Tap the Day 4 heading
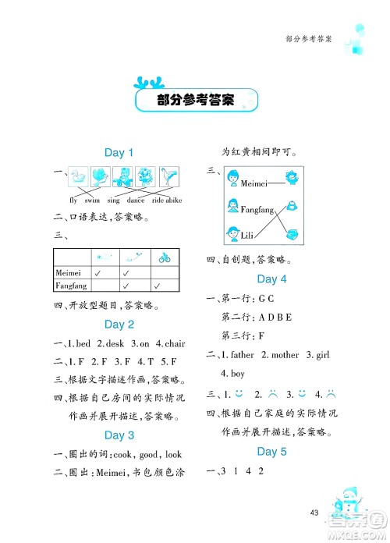[x=271, y=279]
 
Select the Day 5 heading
[x=271, y=452]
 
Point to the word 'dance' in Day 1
[x=136, y=201]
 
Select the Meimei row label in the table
[x=71, y=273]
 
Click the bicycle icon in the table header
[x=165, y=257]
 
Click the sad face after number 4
[x=330, y=393]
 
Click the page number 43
[x=314, y=513]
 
